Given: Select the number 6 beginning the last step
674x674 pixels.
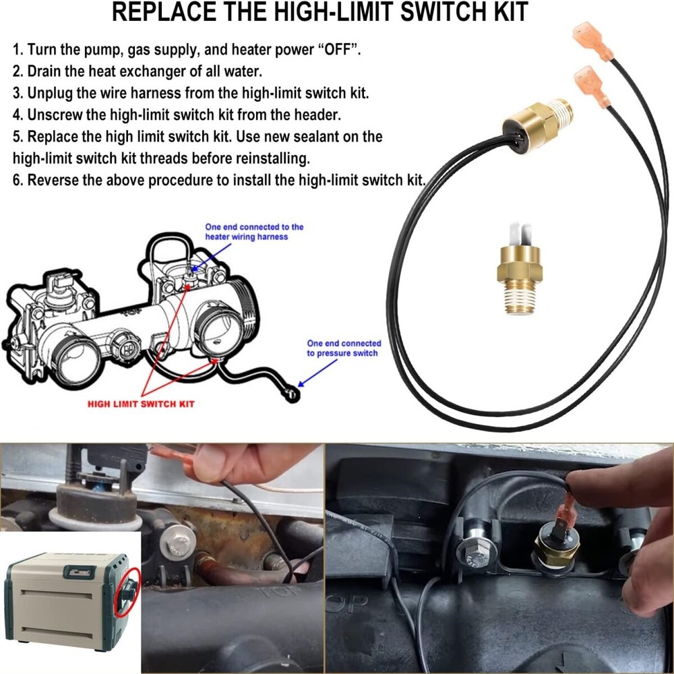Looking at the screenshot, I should coord(17,180).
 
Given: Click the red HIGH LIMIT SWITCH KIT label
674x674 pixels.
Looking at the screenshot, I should coord(142,403).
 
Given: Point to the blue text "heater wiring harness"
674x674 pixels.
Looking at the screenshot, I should coord(247,237).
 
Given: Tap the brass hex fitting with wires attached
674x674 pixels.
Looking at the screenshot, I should coord(532,120).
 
